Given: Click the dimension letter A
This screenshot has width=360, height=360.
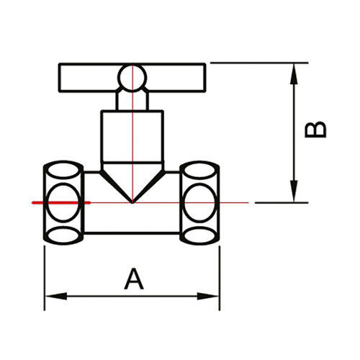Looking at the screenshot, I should pos(133,278).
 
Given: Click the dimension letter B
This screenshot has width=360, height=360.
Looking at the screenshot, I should pos(315,129).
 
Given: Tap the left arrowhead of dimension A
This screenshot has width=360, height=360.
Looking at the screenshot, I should pos(52,296).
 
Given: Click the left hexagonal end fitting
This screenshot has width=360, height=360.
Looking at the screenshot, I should pos(65,203).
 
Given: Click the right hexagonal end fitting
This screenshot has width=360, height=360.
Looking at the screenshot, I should pos(200,203).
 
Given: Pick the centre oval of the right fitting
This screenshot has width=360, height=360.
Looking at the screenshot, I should pos(200,203).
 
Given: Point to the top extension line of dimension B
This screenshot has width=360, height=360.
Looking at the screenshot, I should pos(259,63).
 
